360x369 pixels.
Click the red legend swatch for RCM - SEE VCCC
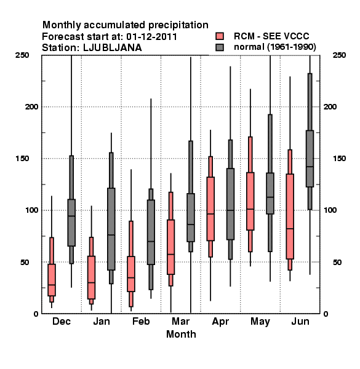220,36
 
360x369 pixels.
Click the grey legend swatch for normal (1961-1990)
220,47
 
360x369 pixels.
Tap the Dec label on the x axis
62,322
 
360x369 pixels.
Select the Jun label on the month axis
300,322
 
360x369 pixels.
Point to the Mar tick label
180,322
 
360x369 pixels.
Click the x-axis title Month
181,334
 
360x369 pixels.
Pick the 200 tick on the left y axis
31,106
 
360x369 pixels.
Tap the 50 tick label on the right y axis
337,262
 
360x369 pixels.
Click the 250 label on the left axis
22,55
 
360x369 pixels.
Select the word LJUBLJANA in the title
113,48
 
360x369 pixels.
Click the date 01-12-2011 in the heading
151,37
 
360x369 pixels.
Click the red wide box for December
52,280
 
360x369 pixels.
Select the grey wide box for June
310,159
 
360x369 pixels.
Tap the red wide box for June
290,216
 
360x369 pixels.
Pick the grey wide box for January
111,229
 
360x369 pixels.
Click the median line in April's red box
210,214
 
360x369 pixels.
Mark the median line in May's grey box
270,197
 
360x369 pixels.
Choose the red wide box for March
170,247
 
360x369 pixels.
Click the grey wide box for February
151,232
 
